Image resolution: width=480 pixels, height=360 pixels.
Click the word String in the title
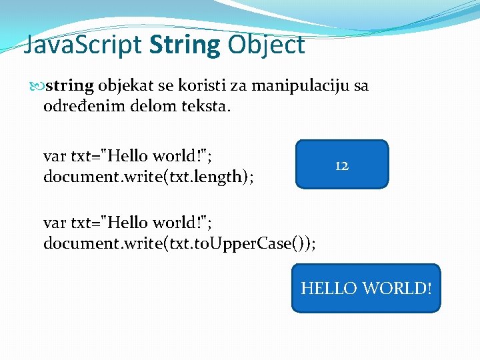[x=185, y=45]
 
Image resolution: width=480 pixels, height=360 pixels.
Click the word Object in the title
[x=266, y=45]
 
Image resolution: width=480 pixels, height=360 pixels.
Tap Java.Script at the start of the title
[x=83, y=45]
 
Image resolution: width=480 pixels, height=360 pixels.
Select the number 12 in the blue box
[x=341, y=166]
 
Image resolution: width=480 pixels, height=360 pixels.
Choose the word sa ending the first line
[x=358, y=86]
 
